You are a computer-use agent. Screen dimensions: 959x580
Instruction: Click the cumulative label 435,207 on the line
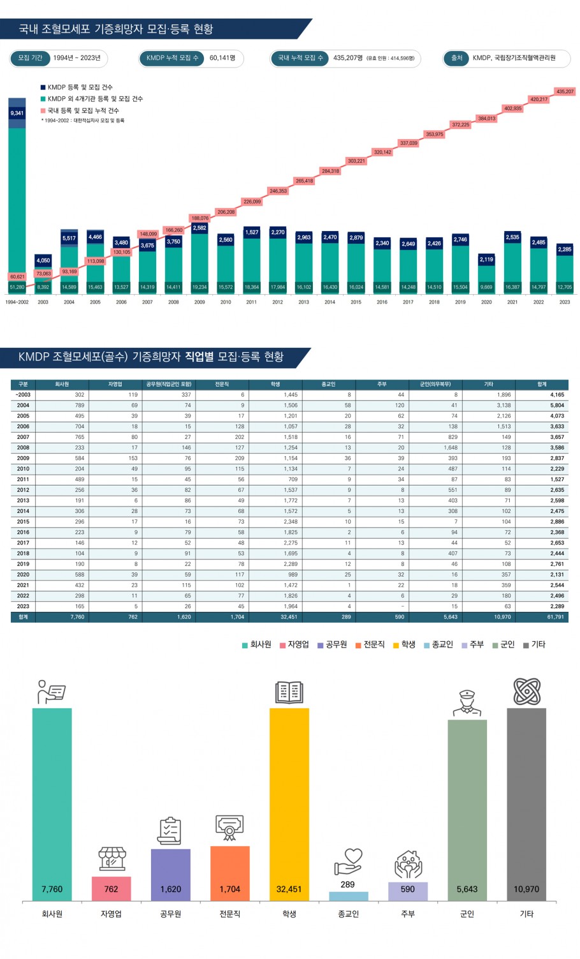565,91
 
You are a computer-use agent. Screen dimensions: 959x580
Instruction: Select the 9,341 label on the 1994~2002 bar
17,113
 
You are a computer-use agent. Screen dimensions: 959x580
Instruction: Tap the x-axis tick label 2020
486,302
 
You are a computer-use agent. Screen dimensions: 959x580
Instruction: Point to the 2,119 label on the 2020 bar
486,260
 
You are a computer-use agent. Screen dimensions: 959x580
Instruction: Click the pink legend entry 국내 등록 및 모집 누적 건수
83,110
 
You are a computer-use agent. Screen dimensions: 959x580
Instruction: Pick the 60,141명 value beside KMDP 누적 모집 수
222,58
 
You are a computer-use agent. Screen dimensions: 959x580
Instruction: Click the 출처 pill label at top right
456,58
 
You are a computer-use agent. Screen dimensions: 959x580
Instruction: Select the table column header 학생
275,384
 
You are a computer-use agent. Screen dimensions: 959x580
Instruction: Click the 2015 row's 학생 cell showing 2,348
290,522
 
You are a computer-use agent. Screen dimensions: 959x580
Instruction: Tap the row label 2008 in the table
23,448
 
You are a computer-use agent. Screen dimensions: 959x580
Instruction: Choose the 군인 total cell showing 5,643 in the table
449,617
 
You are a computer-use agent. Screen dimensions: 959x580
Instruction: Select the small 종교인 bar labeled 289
348,896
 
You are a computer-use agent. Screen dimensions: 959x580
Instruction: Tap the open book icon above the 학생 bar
289,692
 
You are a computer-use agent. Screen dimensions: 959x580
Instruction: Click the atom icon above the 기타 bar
526,692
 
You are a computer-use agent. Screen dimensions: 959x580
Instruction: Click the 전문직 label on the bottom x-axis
229,914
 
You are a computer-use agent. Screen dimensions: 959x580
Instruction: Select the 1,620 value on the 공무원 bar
170,889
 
